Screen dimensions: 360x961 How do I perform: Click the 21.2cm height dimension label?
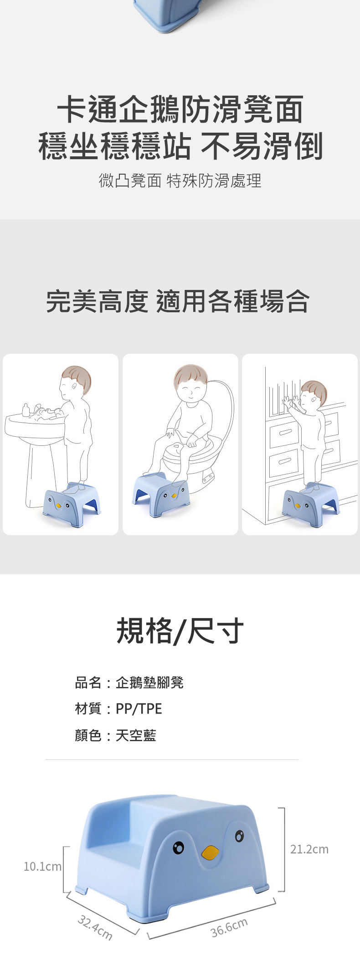(x=309, y=849)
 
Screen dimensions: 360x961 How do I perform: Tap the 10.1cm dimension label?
(x=42, y=866)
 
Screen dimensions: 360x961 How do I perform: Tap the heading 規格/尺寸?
(x=180, y=631)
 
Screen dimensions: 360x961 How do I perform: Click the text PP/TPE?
(x=139, y=708)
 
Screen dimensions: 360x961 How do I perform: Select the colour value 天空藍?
(x=136, y=735)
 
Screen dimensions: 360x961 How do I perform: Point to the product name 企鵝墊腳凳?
(x=149, y=682)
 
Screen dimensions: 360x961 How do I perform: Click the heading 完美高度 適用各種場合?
(x=178, y=301)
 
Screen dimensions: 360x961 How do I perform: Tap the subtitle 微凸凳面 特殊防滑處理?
(x=180, y=181)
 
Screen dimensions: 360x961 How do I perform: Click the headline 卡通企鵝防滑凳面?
(x=180, y=109)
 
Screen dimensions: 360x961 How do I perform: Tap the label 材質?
(x=88, y=708)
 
